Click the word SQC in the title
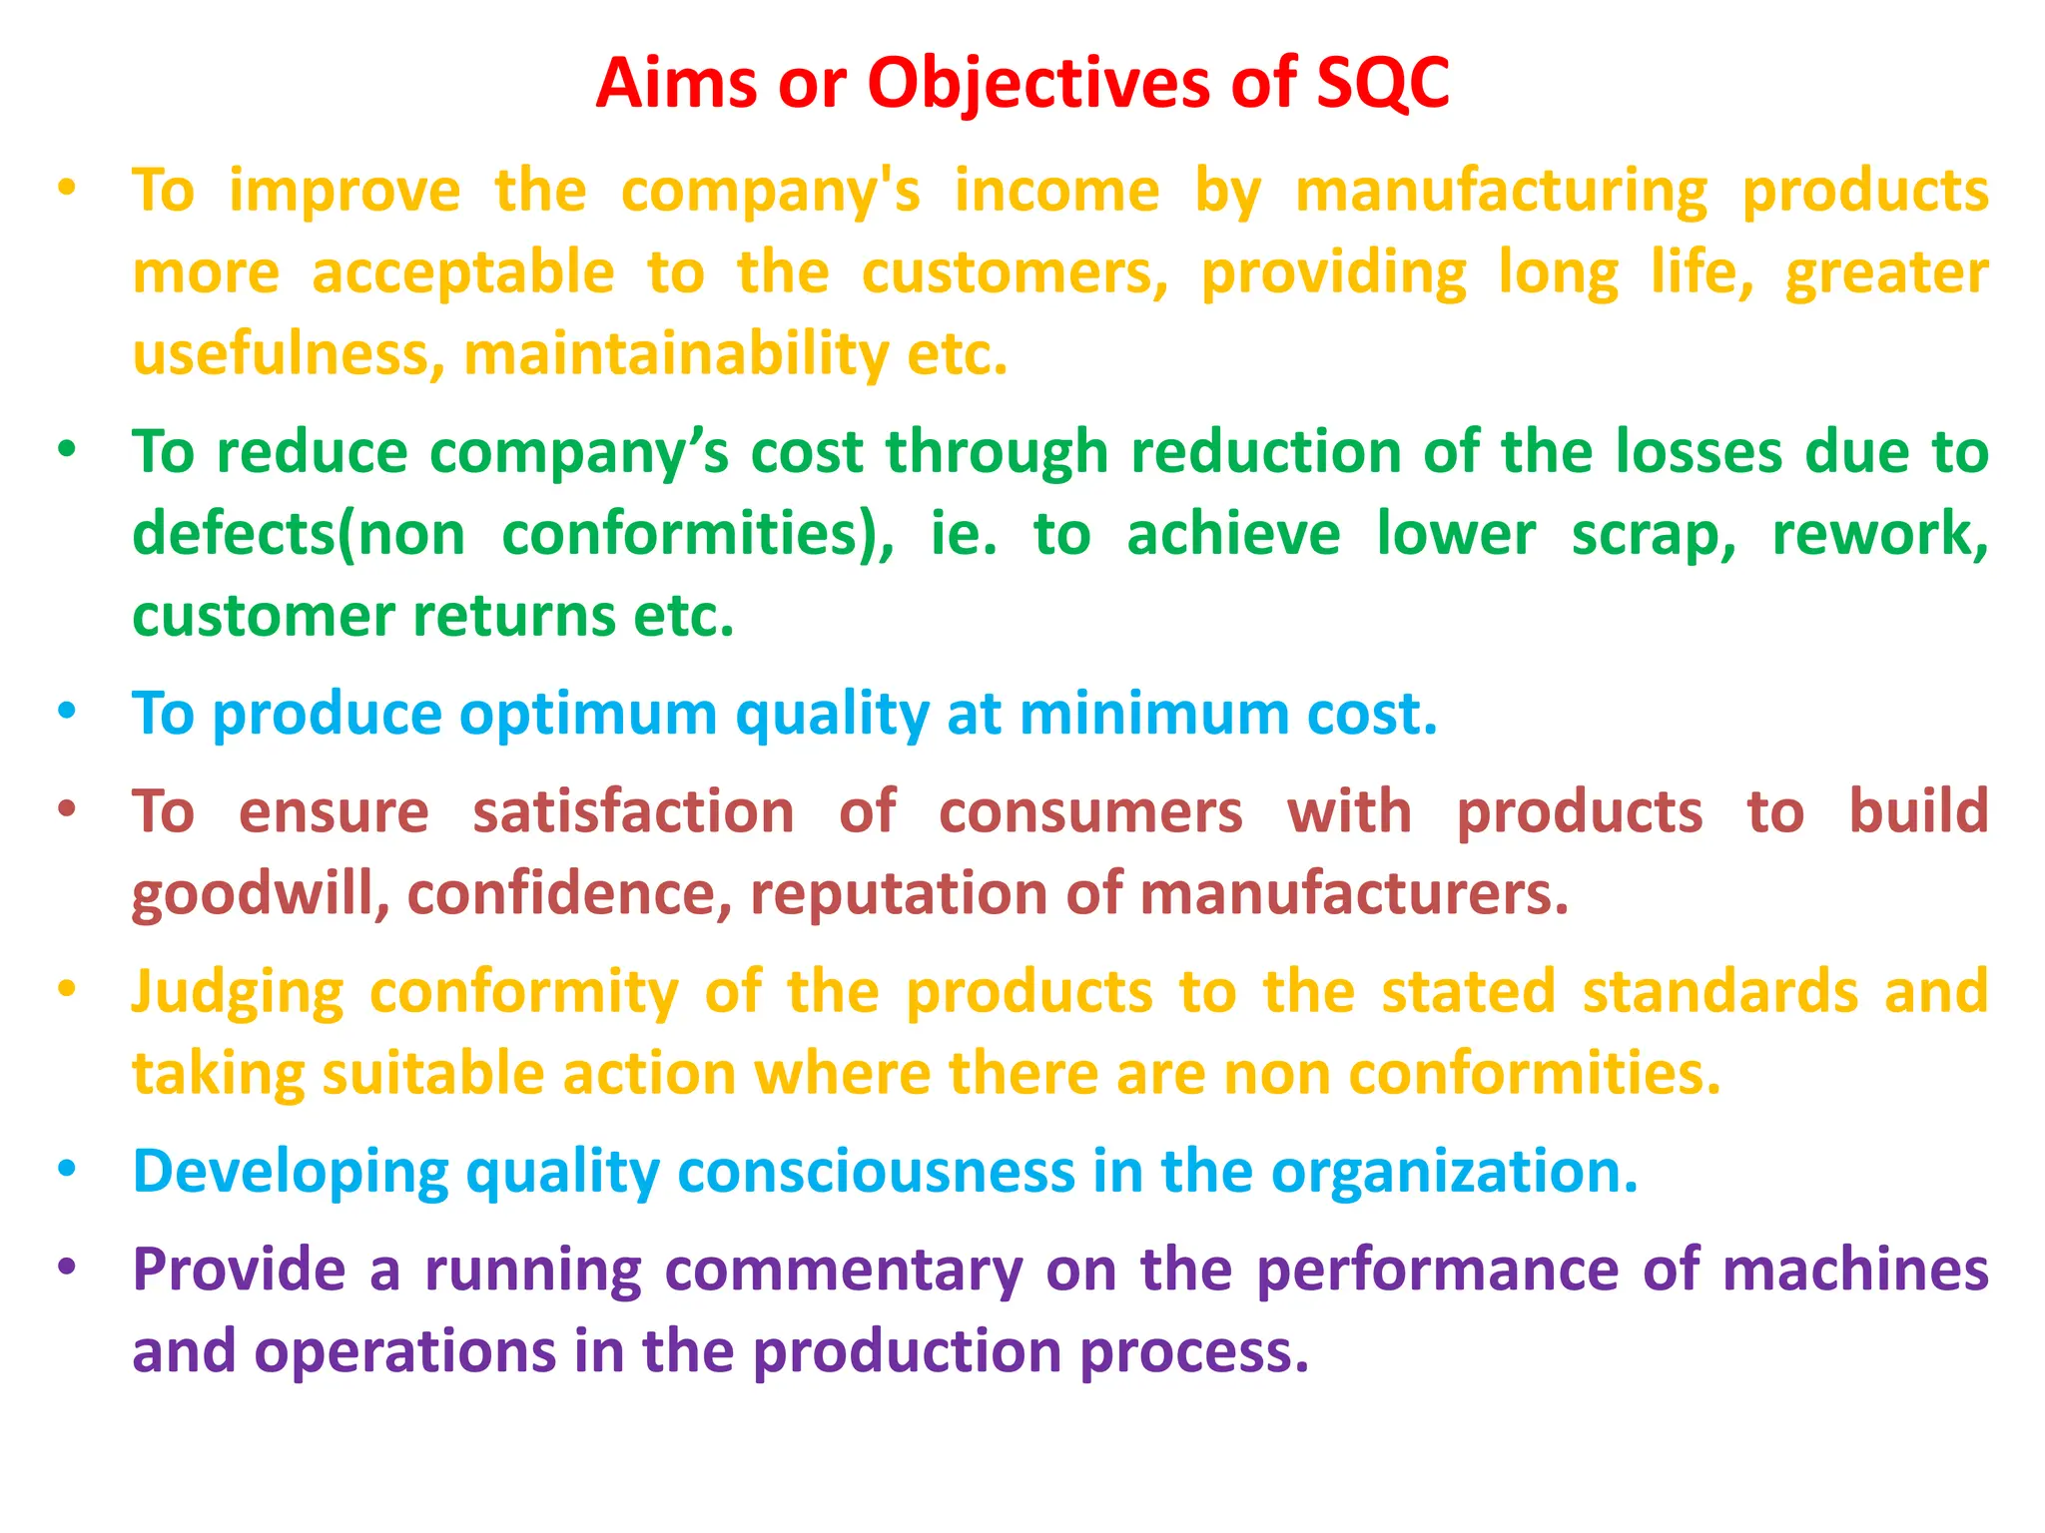[1382, 84]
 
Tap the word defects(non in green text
[299, 535]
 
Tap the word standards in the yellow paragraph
[1720, 992]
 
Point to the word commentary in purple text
[844, 1272]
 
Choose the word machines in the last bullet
[1855, 1270]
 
